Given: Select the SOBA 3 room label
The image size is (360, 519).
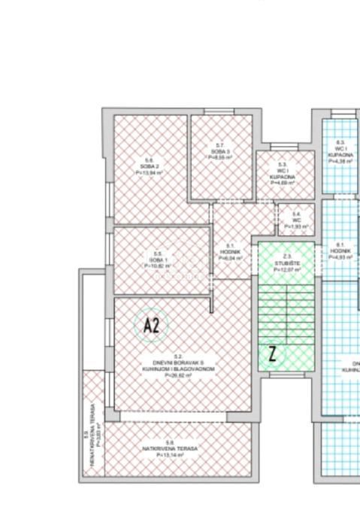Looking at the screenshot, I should coord(220,151).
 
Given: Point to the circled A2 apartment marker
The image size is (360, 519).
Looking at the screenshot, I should coord(151,326).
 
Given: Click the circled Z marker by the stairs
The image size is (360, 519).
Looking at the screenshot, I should coord(273,354).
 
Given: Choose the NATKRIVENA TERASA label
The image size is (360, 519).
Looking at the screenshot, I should coord(171,449).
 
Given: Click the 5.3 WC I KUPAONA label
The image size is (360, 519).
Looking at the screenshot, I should coord(283,172).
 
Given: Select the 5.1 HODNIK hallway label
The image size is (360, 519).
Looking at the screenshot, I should coord(231,251).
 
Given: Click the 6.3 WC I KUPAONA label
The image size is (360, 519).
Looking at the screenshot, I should coord(340,151).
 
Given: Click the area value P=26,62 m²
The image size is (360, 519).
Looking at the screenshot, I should coord(179,375).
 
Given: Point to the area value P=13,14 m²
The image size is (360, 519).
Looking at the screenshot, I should coord(171,455).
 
